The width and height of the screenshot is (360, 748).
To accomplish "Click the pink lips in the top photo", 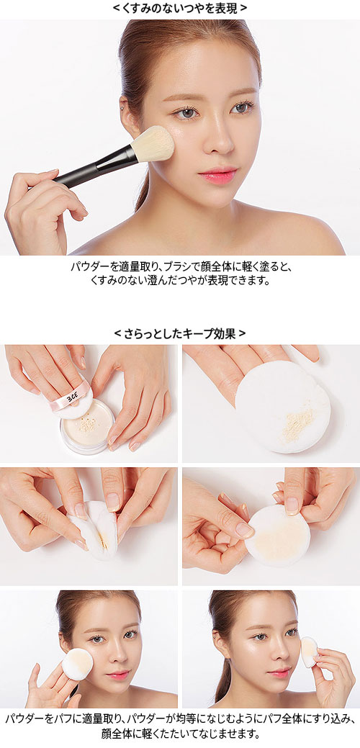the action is (219, 175).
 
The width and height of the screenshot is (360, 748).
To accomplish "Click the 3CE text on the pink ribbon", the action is (71, 397).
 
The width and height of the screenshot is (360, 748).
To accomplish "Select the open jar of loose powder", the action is (87, 427).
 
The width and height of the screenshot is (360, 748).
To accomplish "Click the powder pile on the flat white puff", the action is (298, 423).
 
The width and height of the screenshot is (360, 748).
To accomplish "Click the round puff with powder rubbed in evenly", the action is (277, 536).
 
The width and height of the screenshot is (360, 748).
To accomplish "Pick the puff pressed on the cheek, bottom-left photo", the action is (78, 664).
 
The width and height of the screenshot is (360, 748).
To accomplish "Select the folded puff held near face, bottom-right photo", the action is (308, 652).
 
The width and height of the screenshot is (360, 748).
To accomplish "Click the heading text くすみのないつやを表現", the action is (180, 8).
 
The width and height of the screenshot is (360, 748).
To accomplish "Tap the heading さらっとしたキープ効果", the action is (180, 333).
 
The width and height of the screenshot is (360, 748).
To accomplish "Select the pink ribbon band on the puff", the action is (71, 398).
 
